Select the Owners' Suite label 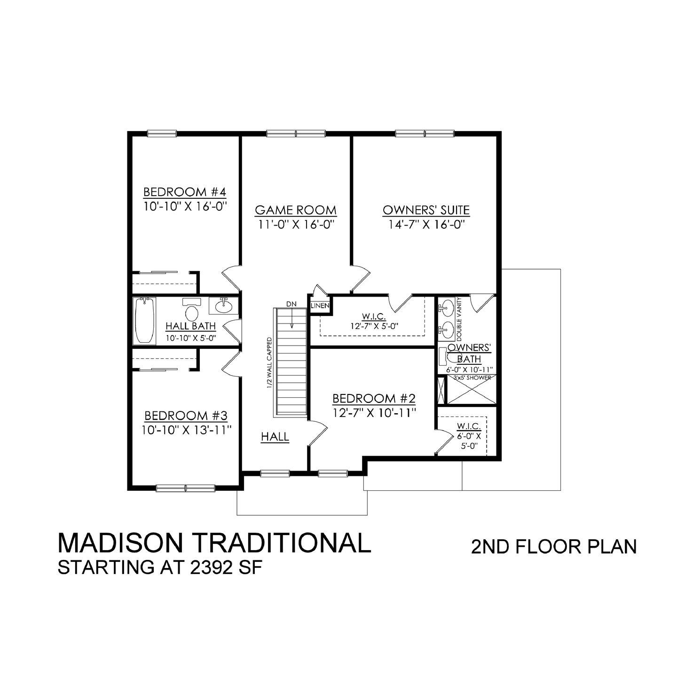tap(426, 210)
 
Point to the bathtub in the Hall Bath tap(145, 321)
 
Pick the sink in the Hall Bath tap(223, 306)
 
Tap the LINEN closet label tap(320, 306)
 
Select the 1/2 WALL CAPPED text tap(269, 362)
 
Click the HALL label tap(275, 437)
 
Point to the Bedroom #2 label tap(374, 399)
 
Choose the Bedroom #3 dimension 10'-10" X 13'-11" tap(186, 430)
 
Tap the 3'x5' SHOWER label tap(472, 378)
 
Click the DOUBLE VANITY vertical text tap(459, 319)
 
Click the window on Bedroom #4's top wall tap(162, 134)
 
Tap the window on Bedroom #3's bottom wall tap(185, 488)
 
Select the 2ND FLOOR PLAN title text tap(554, 547)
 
